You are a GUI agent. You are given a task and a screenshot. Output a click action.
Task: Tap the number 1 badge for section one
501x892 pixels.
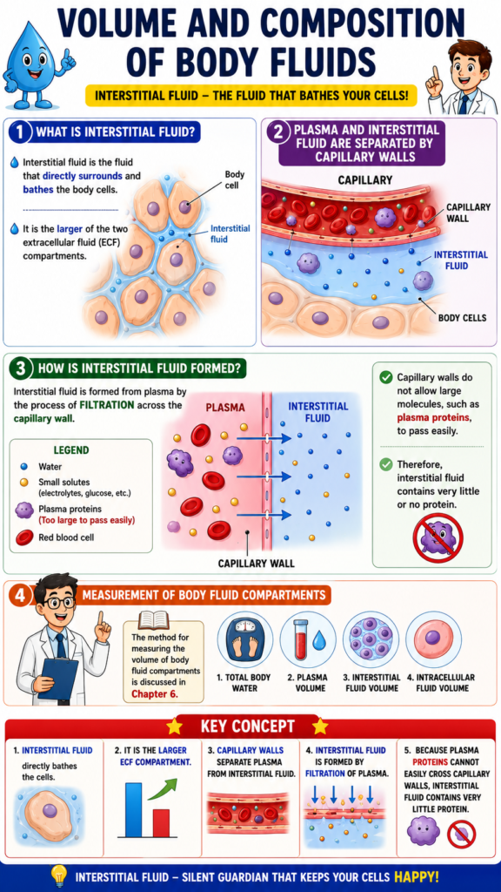point(21,133)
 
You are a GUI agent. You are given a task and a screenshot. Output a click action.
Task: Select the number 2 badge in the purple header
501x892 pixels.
point(277,133)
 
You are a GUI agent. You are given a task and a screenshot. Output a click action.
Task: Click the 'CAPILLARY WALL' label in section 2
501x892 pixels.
point(467,213)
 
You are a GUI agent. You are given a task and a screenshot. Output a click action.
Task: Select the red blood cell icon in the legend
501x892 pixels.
point(23,537)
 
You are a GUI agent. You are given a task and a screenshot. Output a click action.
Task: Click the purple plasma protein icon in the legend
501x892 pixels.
point(23,510)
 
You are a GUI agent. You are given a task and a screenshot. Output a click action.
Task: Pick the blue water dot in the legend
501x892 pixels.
point(23,467)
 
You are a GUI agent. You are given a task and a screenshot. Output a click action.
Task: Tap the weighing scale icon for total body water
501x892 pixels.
point(244,639)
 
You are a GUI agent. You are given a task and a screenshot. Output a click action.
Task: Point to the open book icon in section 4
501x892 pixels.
point(154,620)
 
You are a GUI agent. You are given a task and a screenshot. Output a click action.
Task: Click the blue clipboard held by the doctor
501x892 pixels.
point(58,678)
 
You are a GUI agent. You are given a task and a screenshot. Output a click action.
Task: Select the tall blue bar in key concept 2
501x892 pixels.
point(133,809)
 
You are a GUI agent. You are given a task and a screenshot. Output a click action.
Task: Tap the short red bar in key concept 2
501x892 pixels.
point(161,822)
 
